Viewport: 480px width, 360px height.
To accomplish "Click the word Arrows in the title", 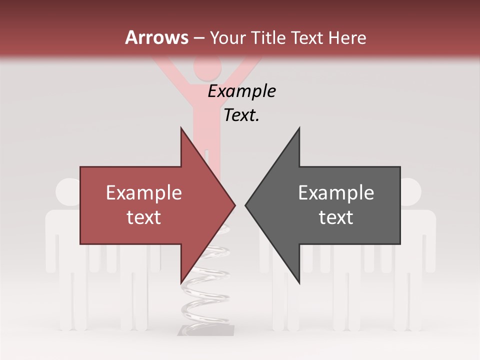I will [x=156, y=37].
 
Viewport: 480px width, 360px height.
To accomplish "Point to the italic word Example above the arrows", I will [x=241, y=91].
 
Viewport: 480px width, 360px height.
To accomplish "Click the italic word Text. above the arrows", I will [x=241, y=115].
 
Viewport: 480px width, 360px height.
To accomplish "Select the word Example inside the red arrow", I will [x=143, y=193].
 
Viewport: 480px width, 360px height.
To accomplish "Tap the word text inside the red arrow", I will [x=143, y=217].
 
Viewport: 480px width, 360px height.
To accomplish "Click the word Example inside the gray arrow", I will [x=336, y=193].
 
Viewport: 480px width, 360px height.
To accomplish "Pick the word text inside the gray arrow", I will [x=336, y=217].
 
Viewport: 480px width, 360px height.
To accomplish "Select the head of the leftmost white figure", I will [x=68, y=191].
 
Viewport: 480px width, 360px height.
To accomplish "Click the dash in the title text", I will [x=198, y=38].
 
